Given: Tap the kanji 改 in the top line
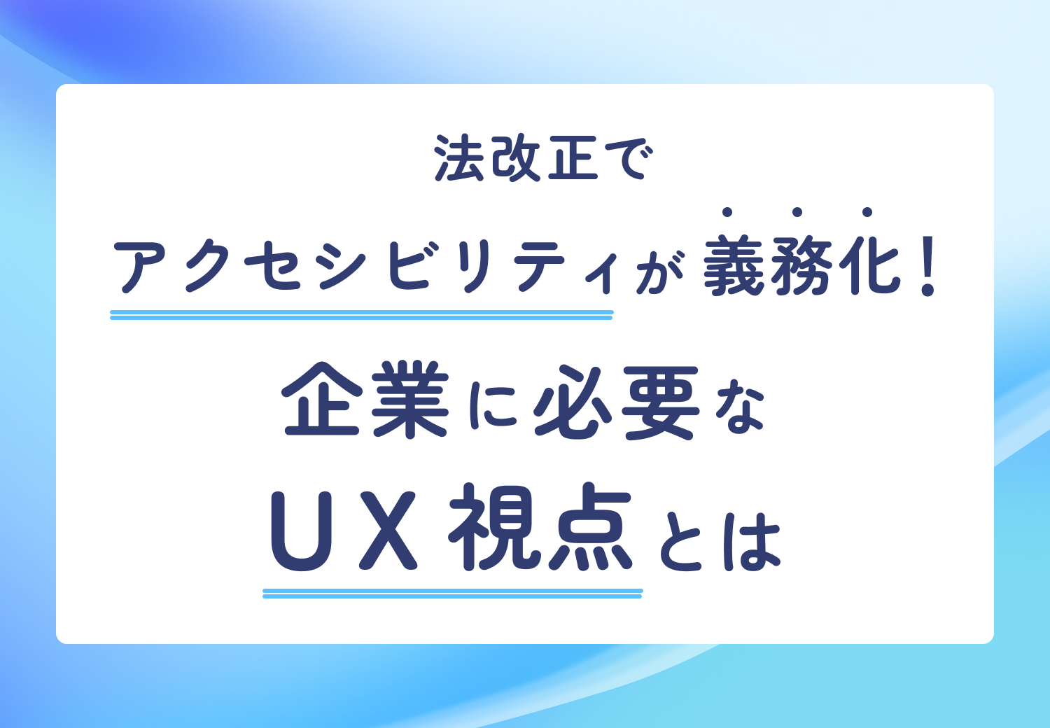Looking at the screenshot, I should click(x=516, y=159).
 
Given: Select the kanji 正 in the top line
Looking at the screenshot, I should click(x=573, y=159).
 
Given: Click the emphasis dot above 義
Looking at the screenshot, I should click(x=728, y=211).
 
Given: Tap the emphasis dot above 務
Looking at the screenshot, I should click(x=797, y=211).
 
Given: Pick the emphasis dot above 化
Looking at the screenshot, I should click(x=867, y=211).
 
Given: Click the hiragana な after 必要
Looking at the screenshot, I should click(x=739, y=406).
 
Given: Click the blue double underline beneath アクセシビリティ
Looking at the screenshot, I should click(x=361, y=315).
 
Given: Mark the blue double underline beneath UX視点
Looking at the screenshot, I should click(x=452, y=594).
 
